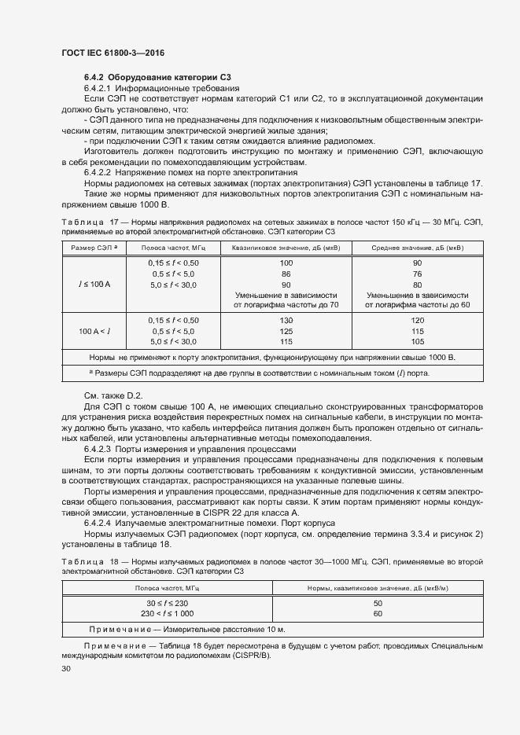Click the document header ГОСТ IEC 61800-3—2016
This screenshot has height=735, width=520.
[x=109, y=51]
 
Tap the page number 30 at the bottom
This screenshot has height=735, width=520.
[x=66, y=669]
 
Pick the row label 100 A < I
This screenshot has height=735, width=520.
[x=94, y=332]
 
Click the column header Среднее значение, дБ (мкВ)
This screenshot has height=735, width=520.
[x=418, y=248]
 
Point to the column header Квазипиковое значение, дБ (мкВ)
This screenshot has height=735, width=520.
[x=286, y=248]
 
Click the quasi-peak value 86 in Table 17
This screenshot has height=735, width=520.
[x=286, y=273]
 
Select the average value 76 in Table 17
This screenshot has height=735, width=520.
[x=418, y=273]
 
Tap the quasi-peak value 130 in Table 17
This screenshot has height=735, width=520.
[x=286, y=321]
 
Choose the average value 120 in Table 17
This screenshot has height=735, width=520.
[x=418, y=321]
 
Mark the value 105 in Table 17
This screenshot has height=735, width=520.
[x=418, y=342]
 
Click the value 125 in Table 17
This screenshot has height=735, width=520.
[x=286, y=332]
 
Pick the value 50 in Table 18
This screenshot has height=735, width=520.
[x=377, y=602]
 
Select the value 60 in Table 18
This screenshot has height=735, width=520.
[x=377, y=612]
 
